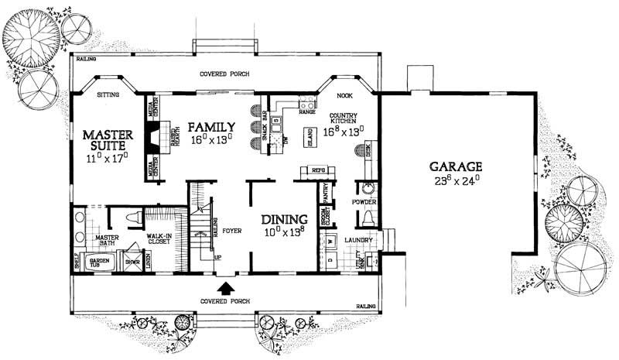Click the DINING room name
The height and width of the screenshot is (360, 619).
click(285, 219)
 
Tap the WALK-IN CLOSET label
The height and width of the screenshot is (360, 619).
click(159, 240)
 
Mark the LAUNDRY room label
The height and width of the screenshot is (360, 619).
click(359, 240)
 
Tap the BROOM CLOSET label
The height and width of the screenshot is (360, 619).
click(325, 219)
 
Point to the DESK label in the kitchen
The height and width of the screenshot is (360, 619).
click(368, 152)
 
